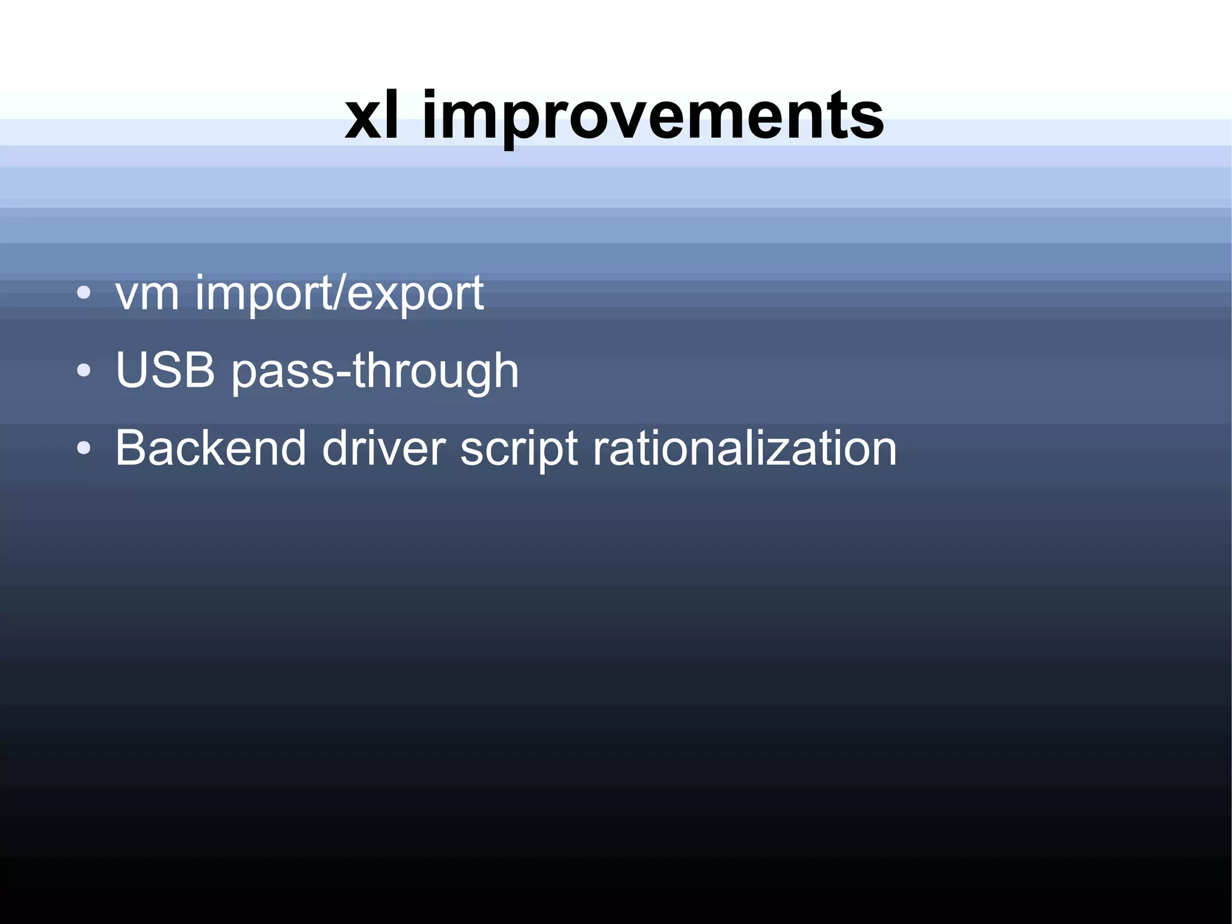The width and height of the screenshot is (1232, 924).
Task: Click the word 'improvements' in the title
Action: pos(653,117)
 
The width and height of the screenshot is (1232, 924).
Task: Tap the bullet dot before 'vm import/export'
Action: pos(84,293)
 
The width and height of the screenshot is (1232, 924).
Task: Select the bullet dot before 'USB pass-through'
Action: pos(84,370)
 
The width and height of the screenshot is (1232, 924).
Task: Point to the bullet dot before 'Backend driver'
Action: pos(84,448)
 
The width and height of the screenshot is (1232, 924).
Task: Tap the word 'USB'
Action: pos(165,370)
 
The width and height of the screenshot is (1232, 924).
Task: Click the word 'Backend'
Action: pos(211,448)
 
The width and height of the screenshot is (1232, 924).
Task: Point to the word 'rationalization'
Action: pos(745,448)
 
